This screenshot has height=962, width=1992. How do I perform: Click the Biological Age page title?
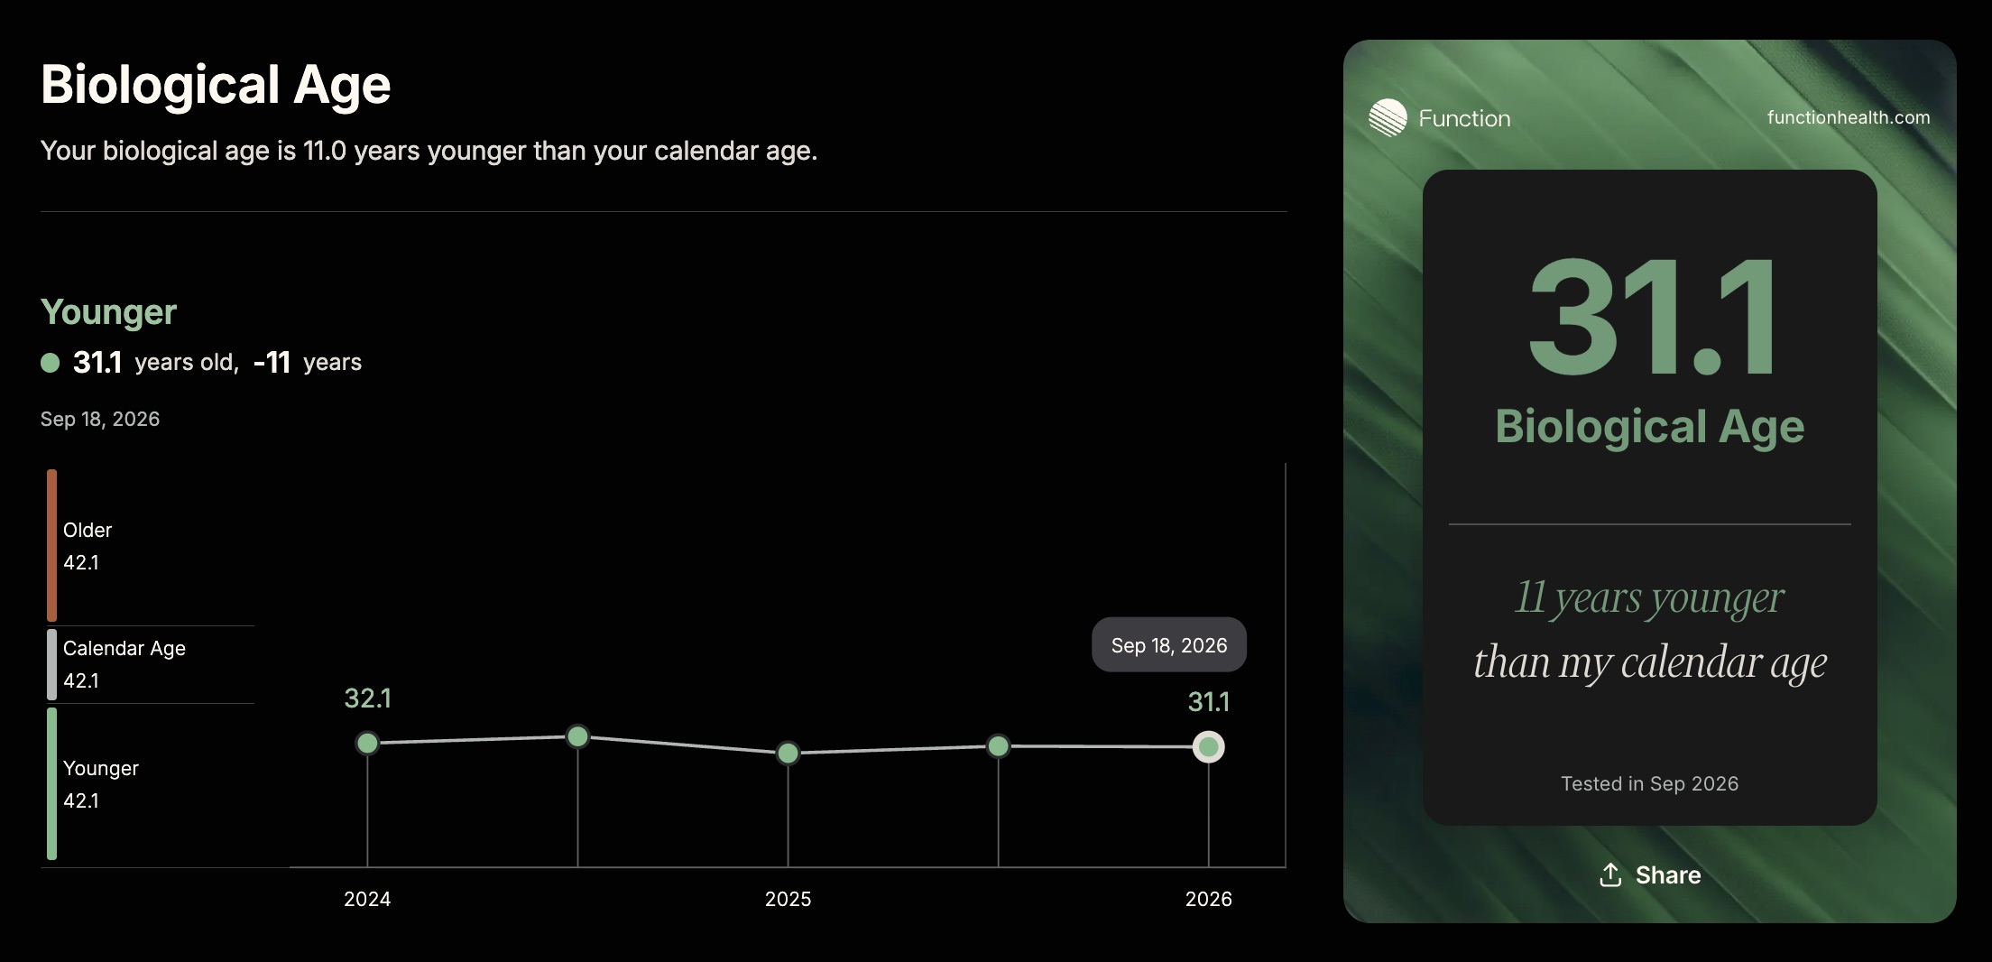pyautogui.click(x=216, y=85)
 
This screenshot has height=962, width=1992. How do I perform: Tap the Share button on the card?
pyautogui.click(x=1650, y=874)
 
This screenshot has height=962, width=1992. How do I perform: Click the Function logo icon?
pyautogui.click(x=1388, y=117)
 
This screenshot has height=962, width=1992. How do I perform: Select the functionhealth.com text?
pyautogui.click(x=1849, y=117)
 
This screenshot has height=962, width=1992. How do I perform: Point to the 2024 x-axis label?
pyautogui.click(x=367, y=899)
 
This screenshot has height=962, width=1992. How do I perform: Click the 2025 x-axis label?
pyautogui.click(x=788, y=899)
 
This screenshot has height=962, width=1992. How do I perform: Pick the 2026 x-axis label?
pyautogui.click(x=1208, y=899)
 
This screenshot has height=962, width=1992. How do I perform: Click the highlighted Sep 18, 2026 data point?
pyautogui.click(x=1208, y=747)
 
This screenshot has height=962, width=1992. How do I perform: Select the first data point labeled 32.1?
pyautogui.click(x=367, y=744)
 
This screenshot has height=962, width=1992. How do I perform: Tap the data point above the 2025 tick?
pyautogui.click(x=788, y=753)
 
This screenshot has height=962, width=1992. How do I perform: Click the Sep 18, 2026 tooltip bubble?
pyautogui.click(x=1169, y=644)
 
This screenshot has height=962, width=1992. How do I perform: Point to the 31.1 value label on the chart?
pyautogui.click(x=1208, y=701)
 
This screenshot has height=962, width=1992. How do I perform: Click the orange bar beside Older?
pyautogui.click(x=51, y=545)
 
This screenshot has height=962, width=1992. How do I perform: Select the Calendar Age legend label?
pyautogui.click(x=124, y=648)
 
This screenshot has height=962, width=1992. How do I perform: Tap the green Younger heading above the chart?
pyautogui.click(x=108, y=312)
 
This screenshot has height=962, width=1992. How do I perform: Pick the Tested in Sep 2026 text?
pyautogui.click(x=1649, y=783)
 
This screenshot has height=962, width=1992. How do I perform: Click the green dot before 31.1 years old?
pyautogui.click(x=51, y=363)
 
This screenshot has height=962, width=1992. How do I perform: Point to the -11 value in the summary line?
pyautogui.click(x=272, y=363)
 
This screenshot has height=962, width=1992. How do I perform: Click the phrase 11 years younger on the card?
pyautogui.click(x=1649, y=597)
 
